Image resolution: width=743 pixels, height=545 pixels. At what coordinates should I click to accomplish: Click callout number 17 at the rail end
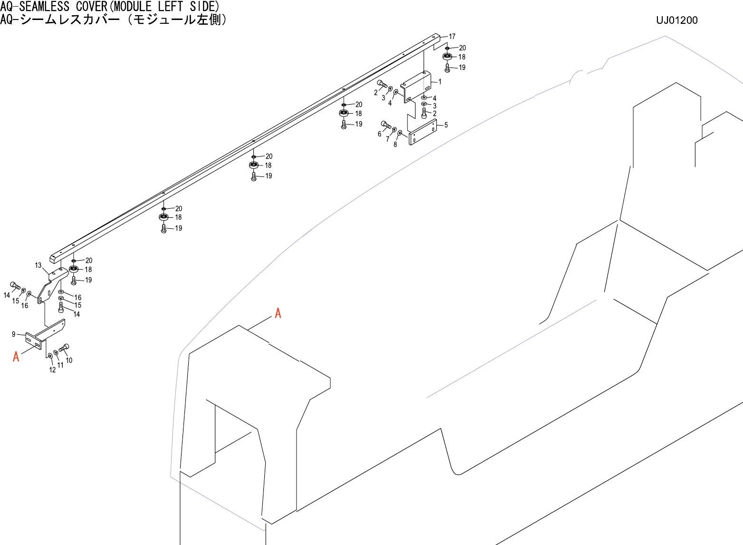[452, 37]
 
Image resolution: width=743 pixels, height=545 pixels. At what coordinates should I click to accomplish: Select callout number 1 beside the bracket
[440, 82]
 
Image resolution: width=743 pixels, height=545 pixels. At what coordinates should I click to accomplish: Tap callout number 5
[446, 125]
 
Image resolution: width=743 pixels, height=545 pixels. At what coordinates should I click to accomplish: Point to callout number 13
[38, 265]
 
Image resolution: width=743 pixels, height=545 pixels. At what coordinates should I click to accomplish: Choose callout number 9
[14, 334]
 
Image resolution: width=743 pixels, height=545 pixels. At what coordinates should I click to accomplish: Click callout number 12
[52, 370]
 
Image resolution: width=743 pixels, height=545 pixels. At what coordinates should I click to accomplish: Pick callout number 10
[69, 360]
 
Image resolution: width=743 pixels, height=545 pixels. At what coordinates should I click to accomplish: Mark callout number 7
[387, 139]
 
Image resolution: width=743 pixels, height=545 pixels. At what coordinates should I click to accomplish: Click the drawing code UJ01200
[676, 20]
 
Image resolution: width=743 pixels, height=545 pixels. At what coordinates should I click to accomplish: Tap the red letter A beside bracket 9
[16, 356]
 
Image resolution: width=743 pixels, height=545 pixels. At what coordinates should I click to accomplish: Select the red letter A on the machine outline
[278, 313]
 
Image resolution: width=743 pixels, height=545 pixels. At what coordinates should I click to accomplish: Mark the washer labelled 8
[400, 133]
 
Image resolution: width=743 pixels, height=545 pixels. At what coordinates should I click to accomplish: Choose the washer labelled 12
[50, 356]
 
